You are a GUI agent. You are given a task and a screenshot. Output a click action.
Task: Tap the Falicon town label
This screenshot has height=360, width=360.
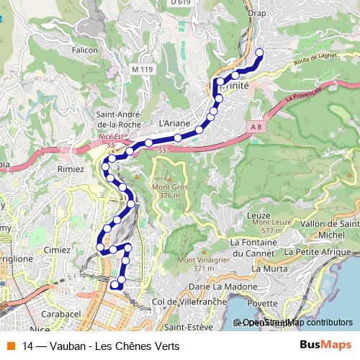(84, 50)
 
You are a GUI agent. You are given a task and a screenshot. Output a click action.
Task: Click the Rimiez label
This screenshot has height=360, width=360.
(71, 168)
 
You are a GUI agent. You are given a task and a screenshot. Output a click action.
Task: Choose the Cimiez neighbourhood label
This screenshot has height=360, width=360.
(58, 249)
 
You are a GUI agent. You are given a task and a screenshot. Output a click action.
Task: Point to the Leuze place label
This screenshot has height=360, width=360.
(257, 215)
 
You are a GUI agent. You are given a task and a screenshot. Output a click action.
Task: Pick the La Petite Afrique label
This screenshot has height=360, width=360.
(321, 253)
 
